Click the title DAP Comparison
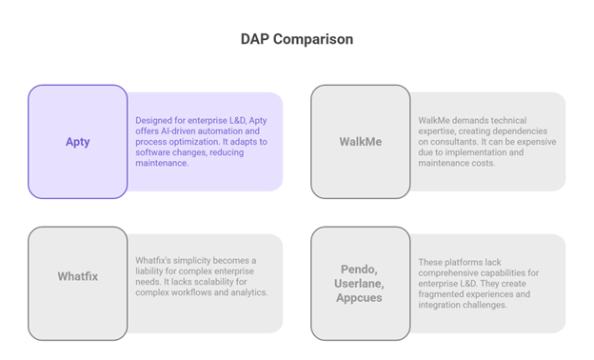(x=296, y=40)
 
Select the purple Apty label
(x=78, y=142)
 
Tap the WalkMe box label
(x=361, y=142)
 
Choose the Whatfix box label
(x=78, y=277)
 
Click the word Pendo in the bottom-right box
(x=361, y=270)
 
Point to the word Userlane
(x=361, y=284)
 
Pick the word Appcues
(x=361, y=297)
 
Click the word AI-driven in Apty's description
(x=175, y=131)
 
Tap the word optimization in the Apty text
(x=199, y=142)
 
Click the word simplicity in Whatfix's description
(x=194, y=261)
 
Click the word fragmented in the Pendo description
(x=445, y=294)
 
